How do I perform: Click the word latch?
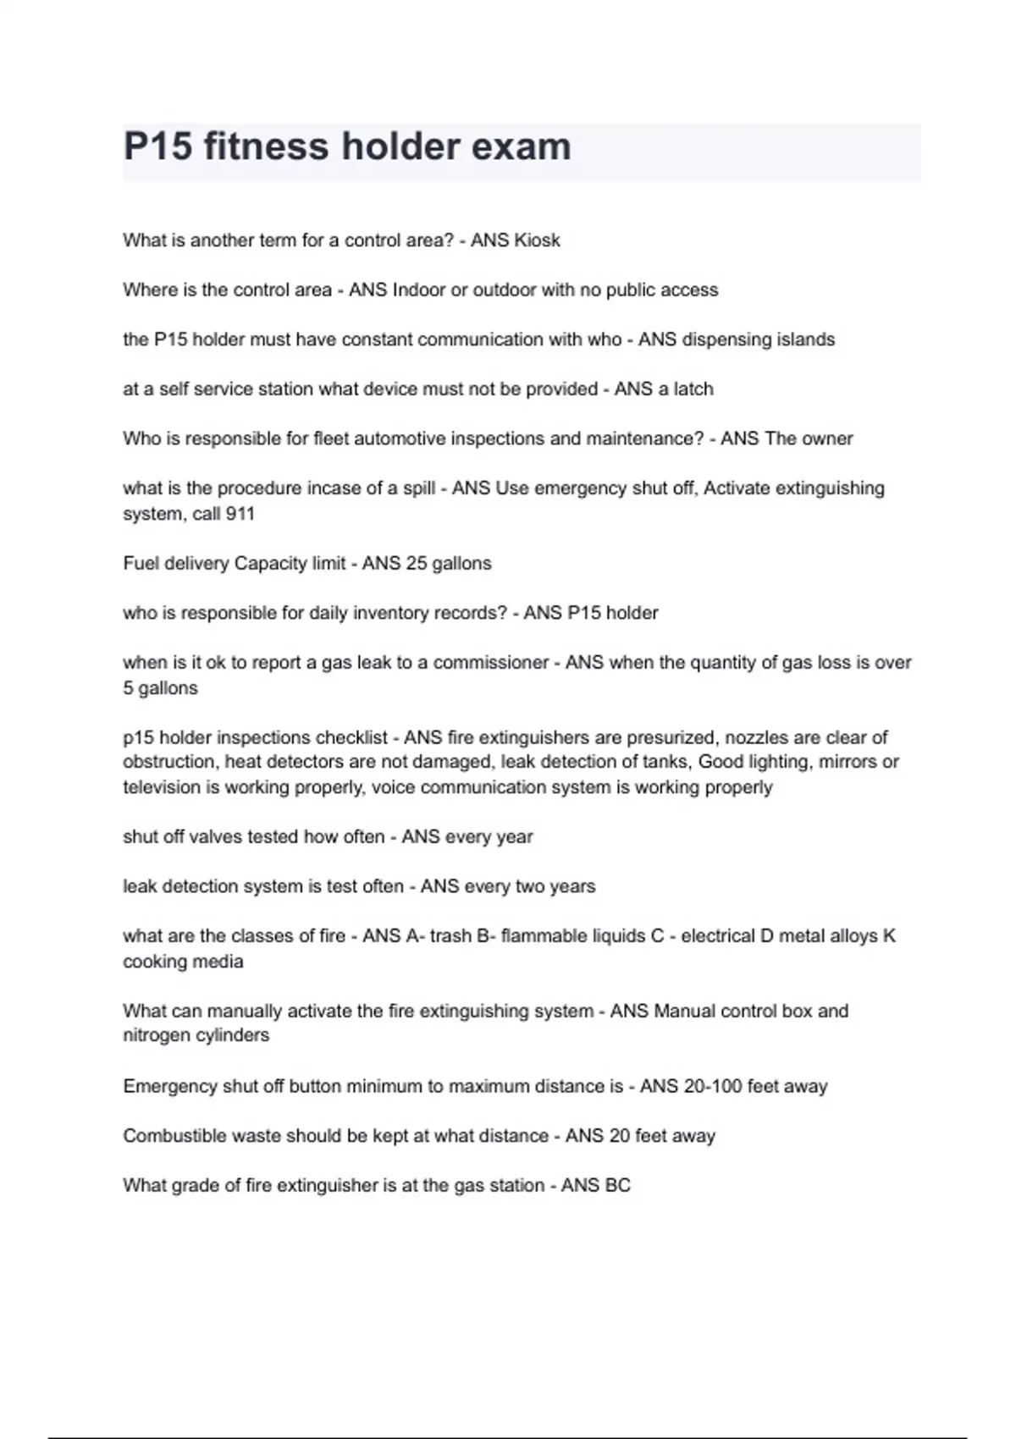[693, 389]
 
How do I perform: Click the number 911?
[240, 514]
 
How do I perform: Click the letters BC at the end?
[618, 1186]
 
